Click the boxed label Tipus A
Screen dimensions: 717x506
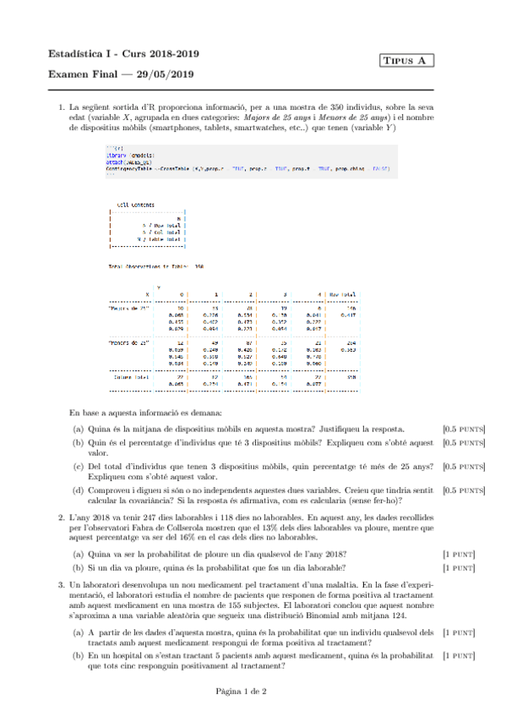(x=407, y=61)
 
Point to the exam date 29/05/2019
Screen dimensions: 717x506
(x=166, y=74)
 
